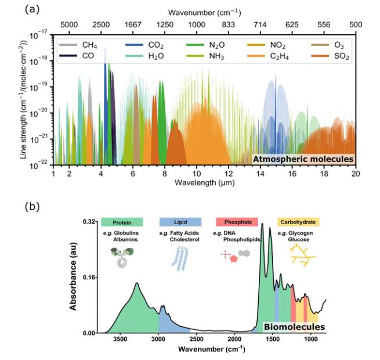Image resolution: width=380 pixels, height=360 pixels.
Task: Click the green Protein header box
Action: tap(122, 222)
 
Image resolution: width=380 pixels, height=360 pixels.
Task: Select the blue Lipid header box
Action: tap(180, 222)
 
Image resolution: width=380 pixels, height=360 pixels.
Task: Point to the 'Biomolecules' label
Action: tap(294, 327)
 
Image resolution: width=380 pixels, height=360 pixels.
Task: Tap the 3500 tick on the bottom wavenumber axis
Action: tap(120, 340)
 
